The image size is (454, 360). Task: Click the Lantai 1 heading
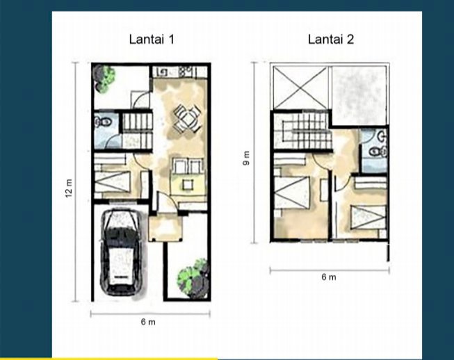(x=152, y=40)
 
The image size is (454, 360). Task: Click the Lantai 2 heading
(x=331, y=40)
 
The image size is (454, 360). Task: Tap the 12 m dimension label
(x=69, y=188)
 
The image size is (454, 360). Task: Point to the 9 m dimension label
(x=246, y=158)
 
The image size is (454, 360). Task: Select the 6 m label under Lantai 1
(x=148, y=322)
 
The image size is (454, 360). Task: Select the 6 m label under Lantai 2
(x=329, y=277)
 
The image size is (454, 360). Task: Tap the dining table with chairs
(x=188, y=119)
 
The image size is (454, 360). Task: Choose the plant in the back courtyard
(x=104, y=78)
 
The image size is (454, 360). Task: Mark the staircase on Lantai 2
(x=303, y=131)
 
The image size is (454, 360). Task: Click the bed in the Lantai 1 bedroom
(x=113, y=181)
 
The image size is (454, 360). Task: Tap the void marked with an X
(x=300, y=88)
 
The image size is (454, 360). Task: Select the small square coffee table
(x=188, y=184)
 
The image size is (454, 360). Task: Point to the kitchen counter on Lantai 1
(x=180, y=72)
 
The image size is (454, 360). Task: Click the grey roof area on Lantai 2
(x=359, y=95)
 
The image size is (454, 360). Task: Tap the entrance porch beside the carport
(x=165, y=227)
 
